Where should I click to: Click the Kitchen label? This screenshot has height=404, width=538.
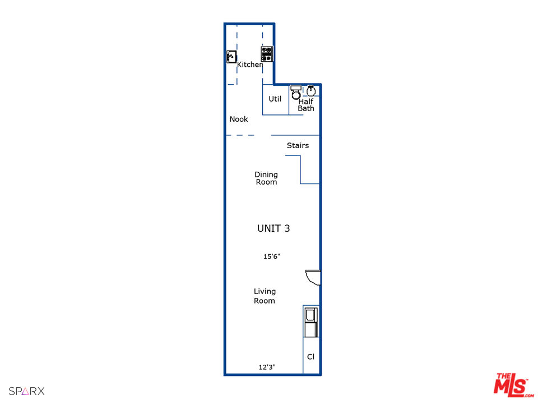[x=250, y=65]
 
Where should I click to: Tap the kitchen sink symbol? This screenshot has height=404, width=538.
[x=231, y=57]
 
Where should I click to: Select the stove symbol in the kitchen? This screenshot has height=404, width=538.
[x=267, y=54]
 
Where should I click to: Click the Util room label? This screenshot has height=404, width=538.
[x=275, y=99]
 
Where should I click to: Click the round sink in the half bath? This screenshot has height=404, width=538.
[x=311, y=90]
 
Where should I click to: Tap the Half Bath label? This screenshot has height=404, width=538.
[x=306, y=105]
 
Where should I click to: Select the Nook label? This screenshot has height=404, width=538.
[x=239, y=119]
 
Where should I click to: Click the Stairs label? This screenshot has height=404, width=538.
[x=298, y=145]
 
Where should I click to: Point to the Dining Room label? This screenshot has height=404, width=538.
[x=266, y=178]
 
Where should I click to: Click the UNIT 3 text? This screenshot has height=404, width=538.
[x=273, y=228]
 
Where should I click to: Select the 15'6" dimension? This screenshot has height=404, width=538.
[x=272, y=256]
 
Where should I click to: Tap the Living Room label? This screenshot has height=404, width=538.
[x=265, y=296]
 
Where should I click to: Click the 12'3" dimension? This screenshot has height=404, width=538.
[x=267, y=368]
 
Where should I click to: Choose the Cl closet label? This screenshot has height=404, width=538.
[x=310, y=357]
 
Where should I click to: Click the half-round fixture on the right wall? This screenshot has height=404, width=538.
[x=313, y=276]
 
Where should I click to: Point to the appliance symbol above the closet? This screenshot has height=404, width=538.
[x=310, y=322]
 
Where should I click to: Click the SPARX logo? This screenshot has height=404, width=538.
[x=26, y=391]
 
